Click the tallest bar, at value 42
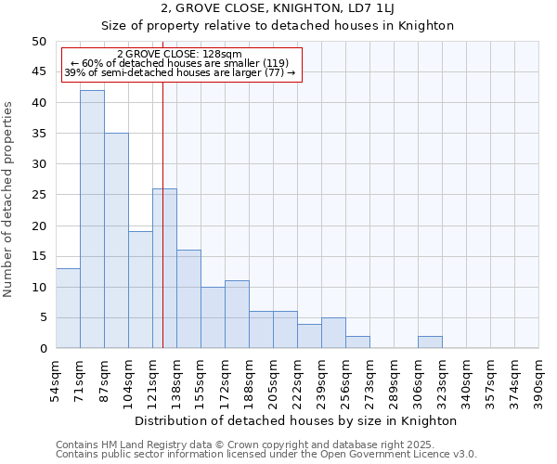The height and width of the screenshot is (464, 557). tap(92, 219)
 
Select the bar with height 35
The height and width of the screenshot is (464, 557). tap(116, 240)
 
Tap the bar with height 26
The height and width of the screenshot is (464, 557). tap(164, 268)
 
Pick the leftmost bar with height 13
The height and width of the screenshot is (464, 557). tap(68, 308)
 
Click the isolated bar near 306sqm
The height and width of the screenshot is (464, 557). tap(430, 342)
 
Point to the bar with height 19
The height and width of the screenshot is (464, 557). tap(140, 290)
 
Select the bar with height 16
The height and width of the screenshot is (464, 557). tap(188, 299)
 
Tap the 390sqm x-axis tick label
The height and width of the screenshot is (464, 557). tap(539, 383)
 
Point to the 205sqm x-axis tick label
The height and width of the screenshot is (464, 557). tap(274, 383)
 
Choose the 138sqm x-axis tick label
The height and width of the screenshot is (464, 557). tap(177, 383)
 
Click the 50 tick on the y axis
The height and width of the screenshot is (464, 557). tap(38, 42)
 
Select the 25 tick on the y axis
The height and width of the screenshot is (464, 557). tap(38, 195)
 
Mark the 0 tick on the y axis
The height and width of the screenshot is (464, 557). tap(42, 348)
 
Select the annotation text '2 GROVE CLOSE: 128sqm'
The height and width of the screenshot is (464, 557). tap(180, 54)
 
